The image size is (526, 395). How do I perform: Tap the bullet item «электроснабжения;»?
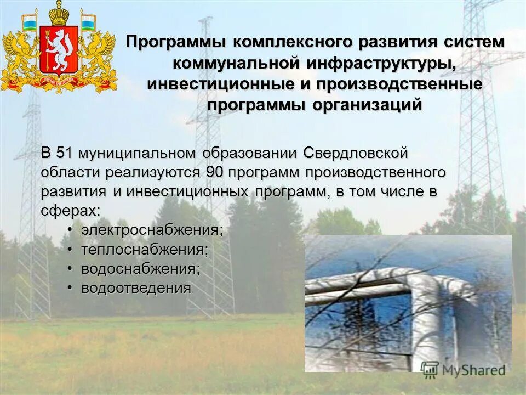coord(152,230)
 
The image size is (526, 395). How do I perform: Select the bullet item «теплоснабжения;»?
coord(145,250)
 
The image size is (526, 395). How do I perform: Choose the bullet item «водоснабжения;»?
coord(141,269)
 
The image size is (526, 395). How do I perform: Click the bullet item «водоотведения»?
coord(136,288)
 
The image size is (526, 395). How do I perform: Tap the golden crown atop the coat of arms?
coord(59,12)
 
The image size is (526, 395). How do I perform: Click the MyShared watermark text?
coord(473,370)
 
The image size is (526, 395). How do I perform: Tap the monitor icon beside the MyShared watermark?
coord(430,369)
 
